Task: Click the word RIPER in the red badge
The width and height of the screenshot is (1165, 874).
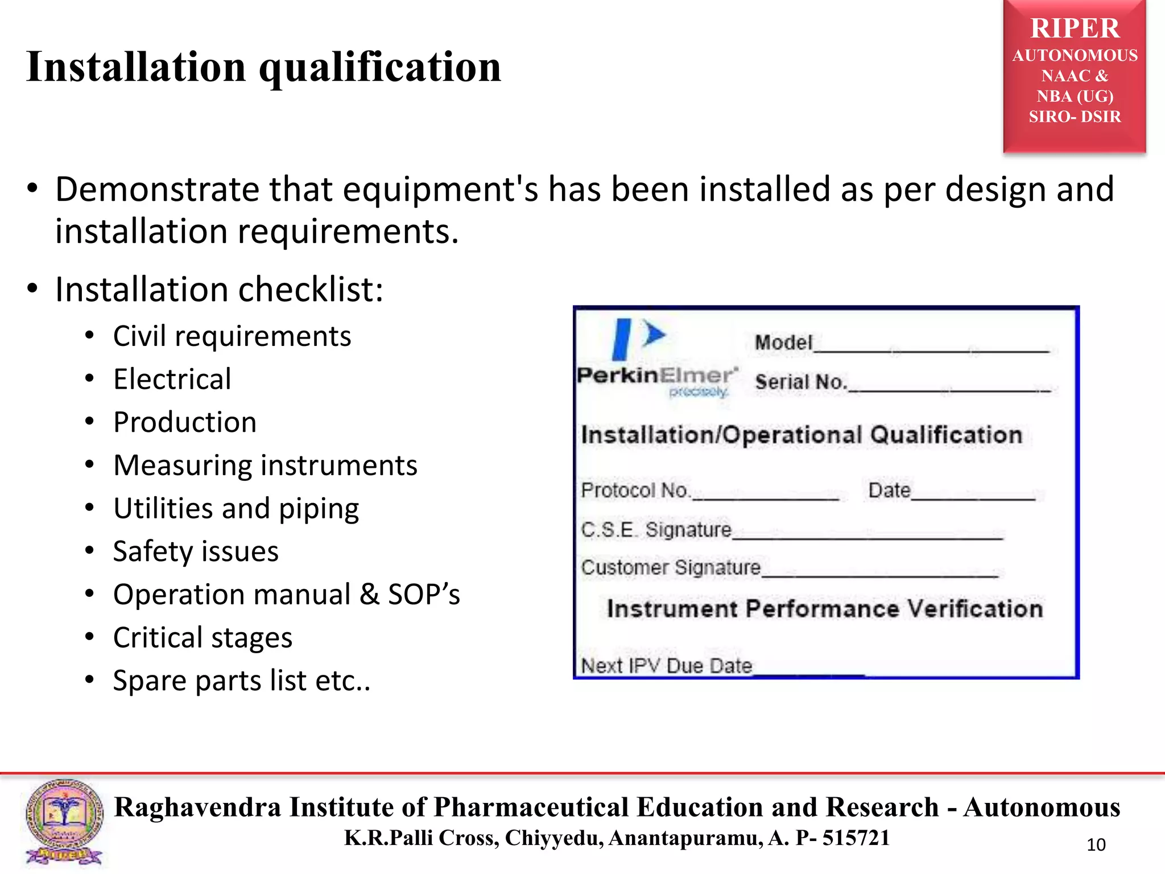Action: tap(1075, 28)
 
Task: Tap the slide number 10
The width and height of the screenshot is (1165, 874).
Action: tap(1096, 845)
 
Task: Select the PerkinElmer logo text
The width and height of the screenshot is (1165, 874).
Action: tap(656, 376)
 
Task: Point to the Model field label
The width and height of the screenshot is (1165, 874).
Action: tap(783, 343)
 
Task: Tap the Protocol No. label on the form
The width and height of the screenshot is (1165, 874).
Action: tap(635, 490)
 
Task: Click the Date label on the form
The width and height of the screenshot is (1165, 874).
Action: tap(889, 490)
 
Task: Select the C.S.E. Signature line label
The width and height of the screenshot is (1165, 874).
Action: tap(656, 530)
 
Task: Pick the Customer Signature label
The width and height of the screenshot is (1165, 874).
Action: tap(671, 567)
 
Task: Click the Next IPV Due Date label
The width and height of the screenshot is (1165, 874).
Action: tap(666, 665)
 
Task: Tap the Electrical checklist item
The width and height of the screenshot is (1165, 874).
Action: tap(172, 379)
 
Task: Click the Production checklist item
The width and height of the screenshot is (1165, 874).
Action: tap(185, 422)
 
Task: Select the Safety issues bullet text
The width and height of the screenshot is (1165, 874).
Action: tap(196, 551)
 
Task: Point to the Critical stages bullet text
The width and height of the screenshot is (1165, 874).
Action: tap(203, 637)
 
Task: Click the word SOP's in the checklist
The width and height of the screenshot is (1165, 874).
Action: tap(424, 595)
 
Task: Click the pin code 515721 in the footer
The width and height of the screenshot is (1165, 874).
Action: tap(856, 838)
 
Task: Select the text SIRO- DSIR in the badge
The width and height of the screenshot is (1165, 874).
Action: tap(1075, 117)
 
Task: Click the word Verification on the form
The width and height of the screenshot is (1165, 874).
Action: tap(974, 609)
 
